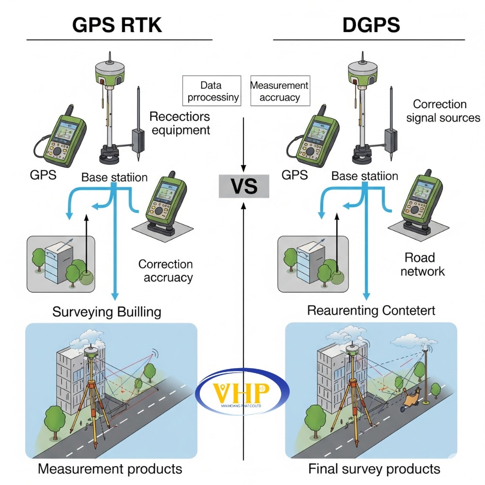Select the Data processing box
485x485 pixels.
pyautogui.click(x=212, y=91)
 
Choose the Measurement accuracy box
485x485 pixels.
pyautogui.click(x=279, y=91)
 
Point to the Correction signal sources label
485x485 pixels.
pyautogui.click(x=446, y=111)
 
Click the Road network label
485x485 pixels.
pyautogui.click(x=421, y=264)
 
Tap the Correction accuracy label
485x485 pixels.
pyautogui.click(x=165, y=271)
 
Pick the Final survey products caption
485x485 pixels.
pyautogui.click(x=374, y=469)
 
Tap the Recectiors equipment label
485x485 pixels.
pyautogui.click(x=179, y=123)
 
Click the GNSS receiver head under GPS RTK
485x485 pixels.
pyautogui.click(x=107, y=70)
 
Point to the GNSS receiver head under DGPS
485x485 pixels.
pyautogui.click(x=362, y=70)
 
